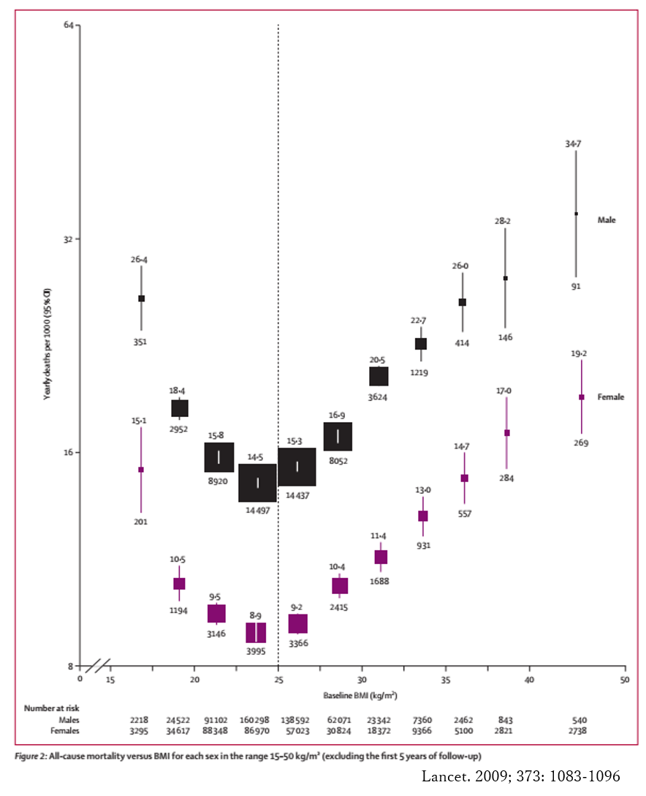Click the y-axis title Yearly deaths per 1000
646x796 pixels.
tap(47, 344)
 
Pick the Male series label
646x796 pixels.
tap(607, 219)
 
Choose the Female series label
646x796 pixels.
tap(611, 397)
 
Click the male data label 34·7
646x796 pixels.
tap(573, 144)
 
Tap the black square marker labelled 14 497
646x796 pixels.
tap(257, 483)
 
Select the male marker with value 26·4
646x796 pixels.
tap(142, 298)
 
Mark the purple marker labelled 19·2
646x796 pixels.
tap(582, 397)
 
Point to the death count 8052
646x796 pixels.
tap(338, 462)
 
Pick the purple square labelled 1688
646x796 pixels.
tap(381, 557)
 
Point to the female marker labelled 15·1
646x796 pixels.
tap(141, 470)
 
